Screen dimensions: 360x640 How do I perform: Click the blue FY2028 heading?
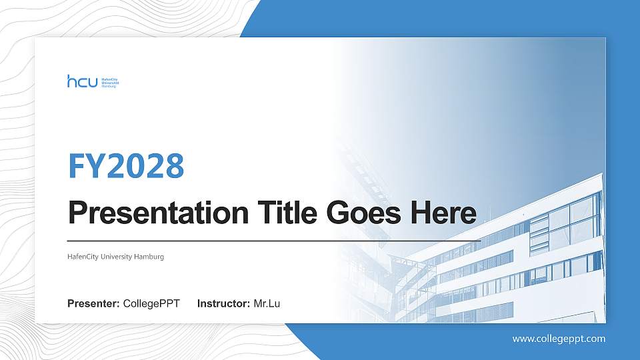(126, 166)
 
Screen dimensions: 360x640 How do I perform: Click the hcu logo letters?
(82, 81)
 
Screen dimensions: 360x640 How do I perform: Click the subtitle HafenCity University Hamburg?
(115, 257)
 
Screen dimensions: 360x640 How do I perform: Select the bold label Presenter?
(93, 304)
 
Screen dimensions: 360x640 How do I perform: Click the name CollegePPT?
(151, 304)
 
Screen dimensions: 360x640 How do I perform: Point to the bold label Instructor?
(224, 304)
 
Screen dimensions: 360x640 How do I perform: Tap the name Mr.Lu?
(267, 304)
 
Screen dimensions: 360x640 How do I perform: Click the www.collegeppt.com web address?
(559, 339)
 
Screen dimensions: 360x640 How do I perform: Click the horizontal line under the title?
(273, 240)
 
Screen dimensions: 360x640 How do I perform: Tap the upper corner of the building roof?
(601, 175)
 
